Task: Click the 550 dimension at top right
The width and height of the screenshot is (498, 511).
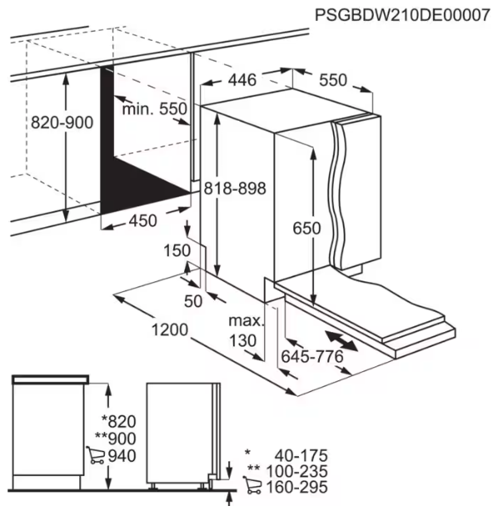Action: point(332,80)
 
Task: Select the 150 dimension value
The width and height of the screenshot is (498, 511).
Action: point(177,251)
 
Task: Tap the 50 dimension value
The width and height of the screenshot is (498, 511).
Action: point(194,301)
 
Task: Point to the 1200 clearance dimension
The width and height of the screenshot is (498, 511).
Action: point(169,330)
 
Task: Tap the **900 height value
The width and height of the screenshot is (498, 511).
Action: point(114,438)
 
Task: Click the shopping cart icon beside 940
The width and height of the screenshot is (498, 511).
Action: point(95,454)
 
